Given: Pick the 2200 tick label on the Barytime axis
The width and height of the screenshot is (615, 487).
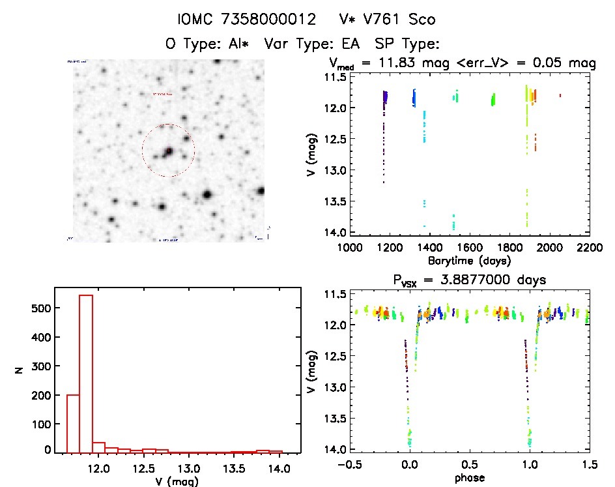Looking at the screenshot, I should pos(591,247).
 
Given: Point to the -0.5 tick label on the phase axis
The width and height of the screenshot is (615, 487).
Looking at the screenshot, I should pos(347,465).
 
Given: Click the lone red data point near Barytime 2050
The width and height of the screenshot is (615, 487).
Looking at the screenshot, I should pos(560,95).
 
